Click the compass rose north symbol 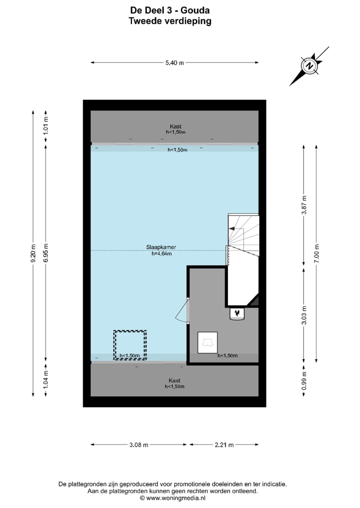pyautogui.click(x=309, y=66)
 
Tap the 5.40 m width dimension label pyautogui.click(x=174, y=62)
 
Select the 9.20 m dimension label pyautogui.click(x=33, y=253)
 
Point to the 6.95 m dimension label pyautogui.click(x=46, y=253)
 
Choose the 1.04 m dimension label pyautogui.click(x=46, y=379)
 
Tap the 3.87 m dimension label pyautogui.click(x=303, y=204)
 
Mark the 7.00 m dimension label pyautogui.click(x=316, y=253)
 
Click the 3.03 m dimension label pyautogui.click(x=303, y=315)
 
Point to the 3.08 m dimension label pyautogui.click(x=138, y=445)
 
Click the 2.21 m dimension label pyautogui.click(x=223, y=445)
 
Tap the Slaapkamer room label pyautogui.click(x=161, y=247)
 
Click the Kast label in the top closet pyautogui.click(x=175, y=126)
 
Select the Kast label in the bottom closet pyautogui.click(x=174, y=380)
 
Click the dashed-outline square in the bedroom pyautogui.click(x=130, y=345)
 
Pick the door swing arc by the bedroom pyautogui.click(x=181, y=312)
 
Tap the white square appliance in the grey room pyautogui.click(x=207, y=342)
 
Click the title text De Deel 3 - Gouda pyautogui.click(x=170, y=10)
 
